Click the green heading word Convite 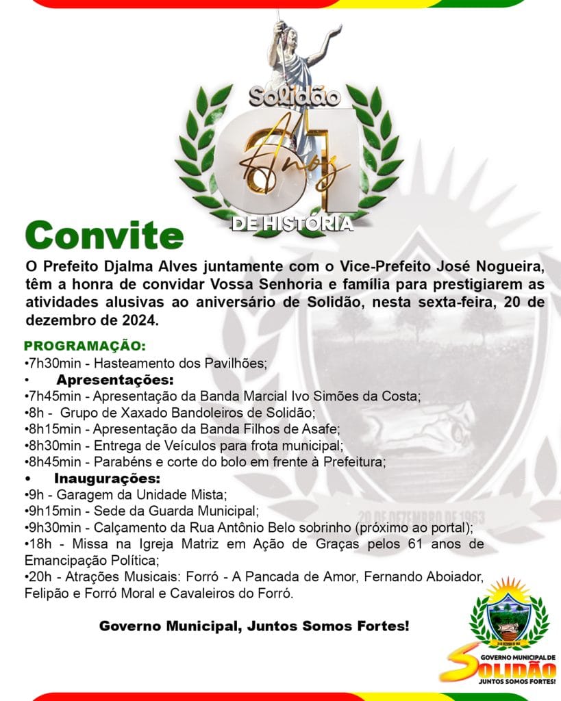tap(104, 235)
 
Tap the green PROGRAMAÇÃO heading tap(85, 346)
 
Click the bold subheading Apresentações tap(115, 379)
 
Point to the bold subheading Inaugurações tap(107, 478)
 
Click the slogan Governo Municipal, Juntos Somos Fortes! tap(254, 626)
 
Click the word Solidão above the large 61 tap(295, 97)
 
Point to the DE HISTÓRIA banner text tap(292, 224)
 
